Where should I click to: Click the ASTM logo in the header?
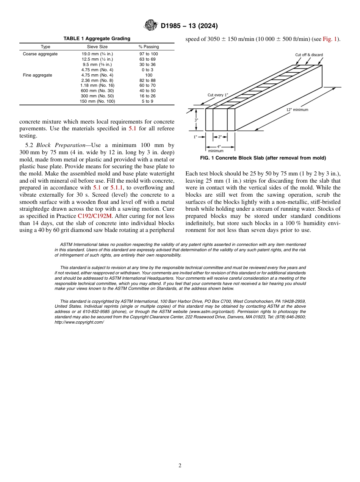click(x=151, y=26)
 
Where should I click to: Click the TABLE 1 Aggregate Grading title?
click(x=97, y=39)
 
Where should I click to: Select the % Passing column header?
click(x=149, y=47)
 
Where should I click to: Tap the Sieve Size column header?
click(x=97, y=47)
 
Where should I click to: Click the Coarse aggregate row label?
click(x=40, y=54)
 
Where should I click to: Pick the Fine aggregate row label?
click(x=38, y=75)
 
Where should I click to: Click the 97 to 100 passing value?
click(x=149, y=54)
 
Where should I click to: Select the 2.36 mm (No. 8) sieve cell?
click(x=97, y=80)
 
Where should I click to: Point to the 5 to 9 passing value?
click(x=147, y=101)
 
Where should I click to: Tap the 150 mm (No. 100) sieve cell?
click(x=97, y=101)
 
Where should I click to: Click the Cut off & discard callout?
click(x=309, y=55)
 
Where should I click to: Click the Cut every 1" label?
click(x=218, y=95)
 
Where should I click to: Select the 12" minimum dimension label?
click(x=297, y=110)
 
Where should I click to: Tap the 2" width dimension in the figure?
click(x=220, y=137)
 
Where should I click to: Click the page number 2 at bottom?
click(x=180, y=466)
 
